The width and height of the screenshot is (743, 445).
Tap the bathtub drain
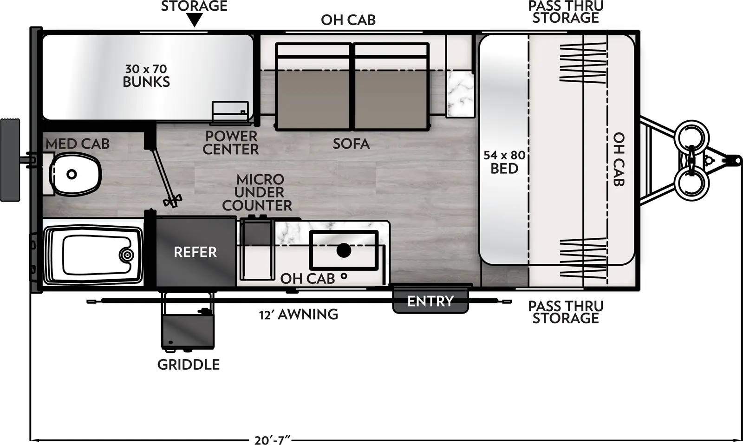[126, 255]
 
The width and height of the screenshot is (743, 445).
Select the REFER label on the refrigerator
[195, 252]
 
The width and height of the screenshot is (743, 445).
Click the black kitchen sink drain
[343, 251]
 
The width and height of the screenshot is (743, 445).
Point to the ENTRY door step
[430, 301]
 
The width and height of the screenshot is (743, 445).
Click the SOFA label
[351, 144]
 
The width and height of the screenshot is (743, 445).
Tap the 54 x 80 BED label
[504, 162]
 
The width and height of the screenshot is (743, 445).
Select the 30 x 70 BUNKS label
[146, 76]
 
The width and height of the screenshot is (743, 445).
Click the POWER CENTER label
[231, 143]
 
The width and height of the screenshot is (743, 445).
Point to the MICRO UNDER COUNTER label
[257, 192]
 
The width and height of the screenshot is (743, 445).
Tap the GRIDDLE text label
[189, 365]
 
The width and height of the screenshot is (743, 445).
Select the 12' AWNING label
[299, 314]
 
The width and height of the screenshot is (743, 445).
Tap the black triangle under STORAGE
[195, 20]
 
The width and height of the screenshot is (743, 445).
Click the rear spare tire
[10, 159]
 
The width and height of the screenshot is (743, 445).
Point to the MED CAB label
[78, 144]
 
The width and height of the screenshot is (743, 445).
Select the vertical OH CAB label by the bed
[619, 159]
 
